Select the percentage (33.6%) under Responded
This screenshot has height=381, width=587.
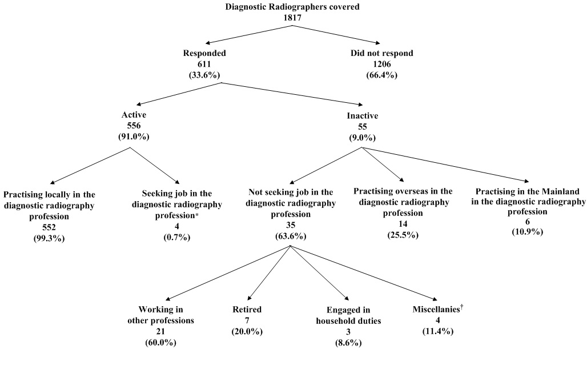pos(204,75)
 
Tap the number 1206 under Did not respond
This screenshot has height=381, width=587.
pos(381,64)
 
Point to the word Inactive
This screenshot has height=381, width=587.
pos(363,115)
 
